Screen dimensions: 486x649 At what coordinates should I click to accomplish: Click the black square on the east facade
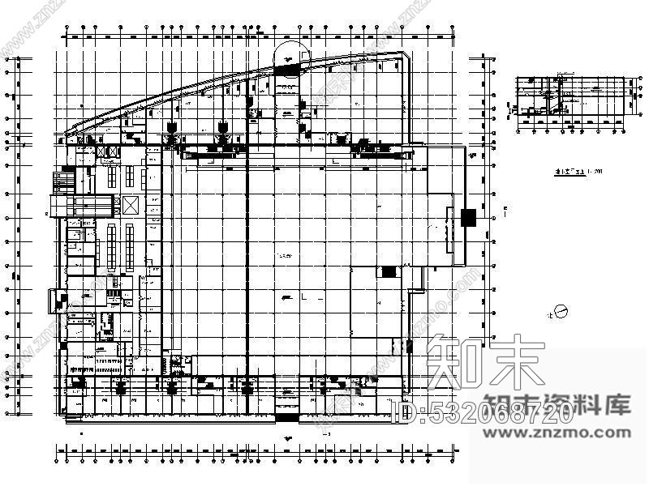click(x=467, y=217)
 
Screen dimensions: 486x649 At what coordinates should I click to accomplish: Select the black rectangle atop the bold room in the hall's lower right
click(x=389, y=271)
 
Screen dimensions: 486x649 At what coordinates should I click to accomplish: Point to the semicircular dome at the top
click(x=288, y=54)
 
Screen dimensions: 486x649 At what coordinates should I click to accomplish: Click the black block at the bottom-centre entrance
click(x=286, y=416)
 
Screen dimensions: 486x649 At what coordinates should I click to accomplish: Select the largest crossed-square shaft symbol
click(x=131, y=204)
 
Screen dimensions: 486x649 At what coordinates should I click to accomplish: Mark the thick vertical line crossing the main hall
click(x=246, y=259)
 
